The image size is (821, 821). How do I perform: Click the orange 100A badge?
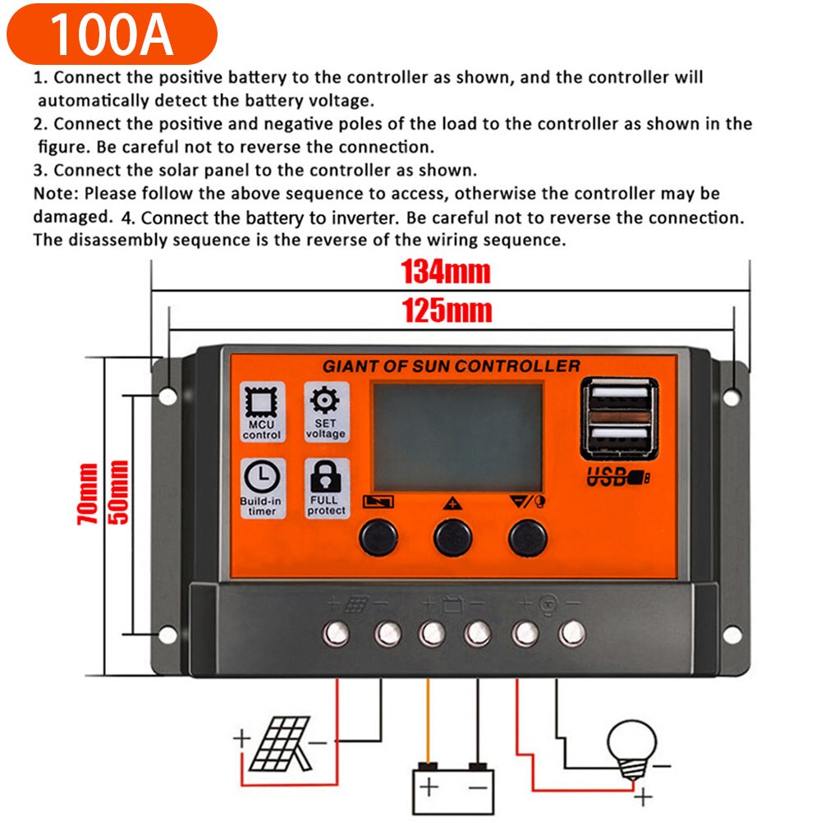pos(110,34)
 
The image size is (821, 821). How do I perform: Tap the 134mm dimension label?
pos(445,272)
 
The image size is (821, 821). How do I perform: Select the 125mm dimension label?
pos(446,310)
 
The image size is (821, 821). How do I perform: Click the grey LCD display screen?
pos(458,438)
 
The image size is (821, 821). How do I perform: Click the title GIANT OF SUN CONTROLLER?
pos(451,366)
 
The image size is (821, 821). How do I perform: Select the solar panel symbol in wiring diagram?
pos(280,743)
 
